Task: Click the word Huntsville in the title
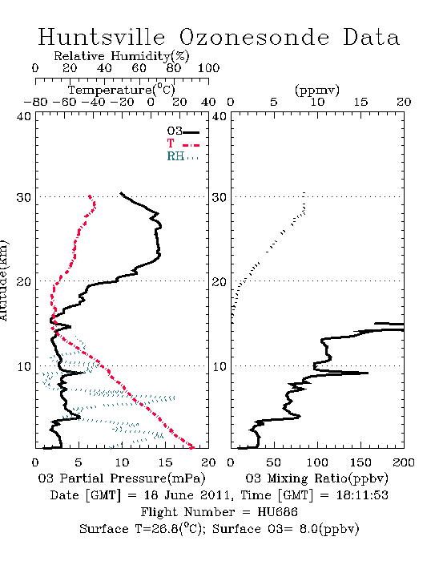[x=102, y=37]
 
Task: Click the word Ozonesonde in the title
[x=254, y=37]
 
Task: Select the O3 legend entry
[x=183, y=131]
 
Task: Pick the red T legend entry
[x=183, y=143]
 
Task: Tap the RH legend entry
[x=183, y=156]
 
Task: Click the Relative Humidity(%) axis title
[x=122, y=56]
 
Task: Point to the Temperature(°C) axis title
[x=122, y=90]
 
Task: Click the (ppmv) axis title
[x=317, y=90]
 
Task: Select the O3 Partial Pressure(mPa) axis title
[x=122, y=478]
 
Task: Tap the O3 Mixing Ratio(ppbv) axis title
[x=316, y=478]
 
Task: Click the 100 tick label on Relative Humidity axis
[x=208, y=68]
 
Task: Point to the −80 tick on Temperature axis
[x=35, y=103]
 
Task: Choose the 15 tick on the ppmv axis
[x=360, y=103]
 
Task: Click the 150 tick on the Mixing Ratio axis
[x=360, y=462]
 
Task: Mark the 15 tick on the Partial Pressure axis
[x=165, y=462]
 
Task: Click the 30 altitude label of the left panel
[x=24, y=197]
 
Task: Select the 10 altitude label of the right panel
[x=219, y=367]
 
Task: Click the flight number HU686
[x=277, y=512]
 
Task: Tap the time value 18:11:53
[x=362, y=495]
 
